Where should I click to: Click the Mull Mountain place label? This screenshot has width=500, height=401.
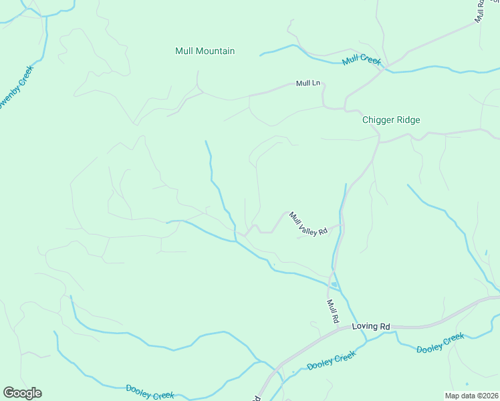click(x=205, y=51)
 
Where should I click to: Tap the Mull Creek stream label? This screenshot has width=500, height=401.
click(x=361, y=60)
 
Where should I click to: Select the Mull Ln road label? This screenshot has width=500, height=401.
click(x=308, y=84)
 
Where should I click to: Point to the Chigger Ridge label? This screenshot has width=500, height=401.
click(x=391, y=120)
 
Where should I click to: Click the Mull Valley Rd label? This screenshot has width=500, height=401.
click(x=307, y=223)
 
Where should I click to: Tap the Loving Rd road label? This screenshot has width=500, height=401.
click(x=370, y=327)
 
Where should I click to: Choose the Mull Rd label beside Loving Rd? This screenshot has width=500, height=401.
click(x=332, y=311)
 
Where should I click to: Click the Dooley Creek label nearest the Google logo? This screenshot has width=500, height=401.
click(x=150, y=392)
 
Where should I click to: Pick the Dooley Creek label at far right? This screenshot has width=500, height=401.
click(x=440, y=343)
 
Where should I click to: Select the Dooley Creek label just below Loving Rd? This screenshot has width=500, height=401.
click(x=331, y=362)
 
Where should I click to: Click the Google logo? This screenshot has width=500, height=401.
click(x=22, y=393)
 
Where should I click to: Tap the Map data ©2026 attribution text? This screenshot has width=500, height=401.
click(x=471, y=396)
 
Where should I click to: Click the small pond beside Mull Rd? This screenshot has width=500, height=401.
click(x=334, y=285)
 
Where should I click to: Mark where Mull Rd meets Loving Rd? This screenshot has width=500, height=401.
click(x=342, y=327)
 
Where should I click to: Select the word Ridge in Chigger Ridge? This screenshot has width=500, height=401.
click(x=408, y=120)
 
